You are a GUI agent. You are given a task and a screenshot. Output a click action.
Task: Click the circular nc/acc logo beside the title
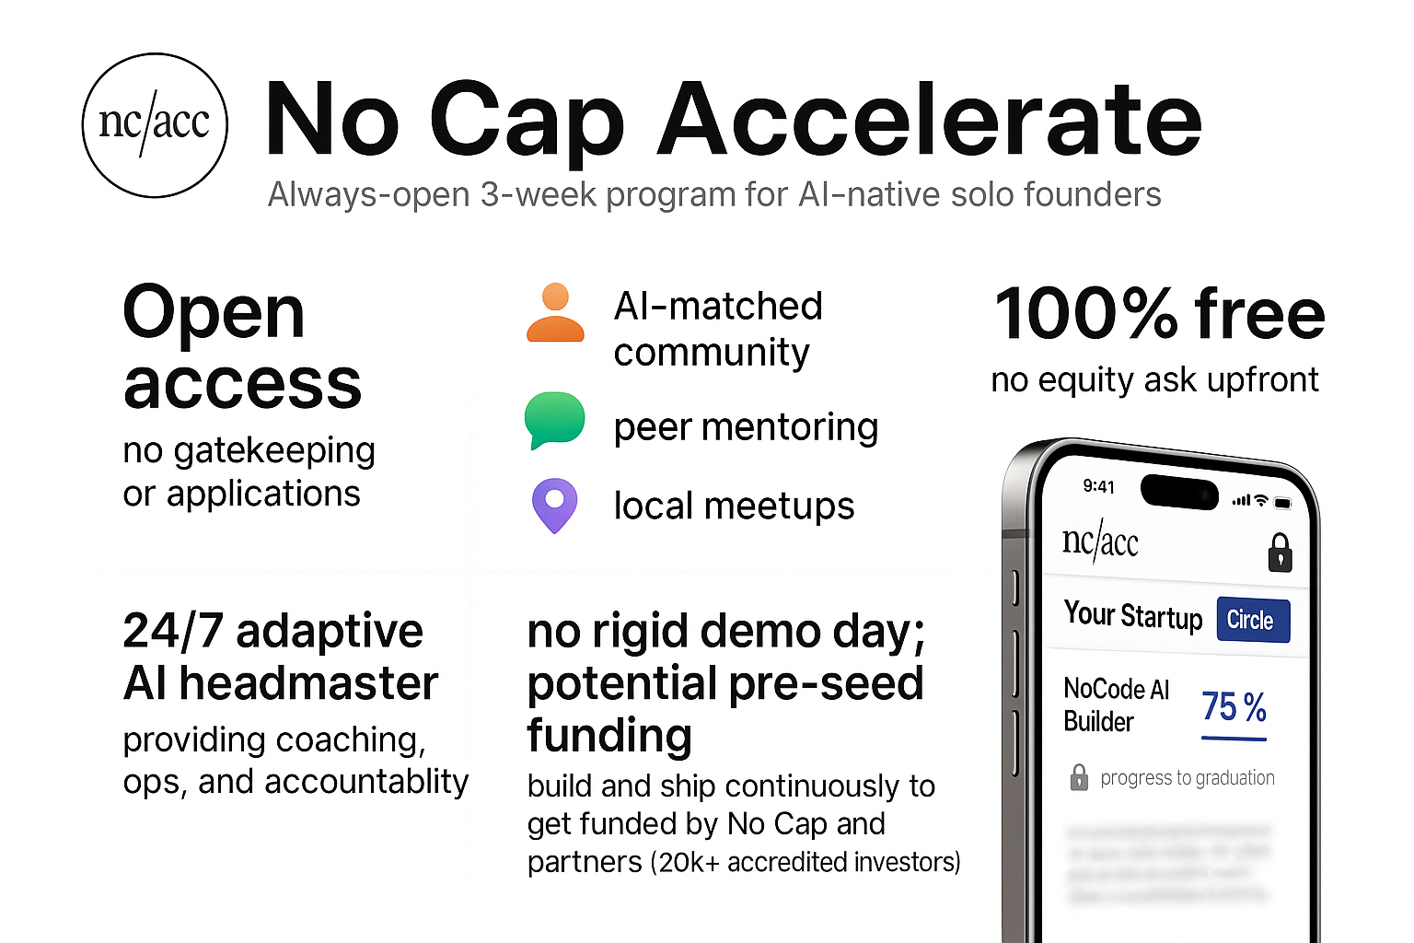(x=155, y=125)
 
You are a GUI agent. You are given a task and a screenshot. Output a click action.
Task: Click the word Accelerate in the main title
(x=929, y=120)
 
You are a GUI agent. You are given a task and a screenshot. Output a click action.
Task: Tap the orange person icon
(x=555, y=313)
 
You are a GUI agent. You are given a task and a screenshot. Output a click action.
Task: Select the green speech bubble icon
(x=554, y=420)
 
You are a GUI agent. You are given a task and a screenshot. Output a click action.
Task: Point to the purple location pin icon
(x=554, y=505)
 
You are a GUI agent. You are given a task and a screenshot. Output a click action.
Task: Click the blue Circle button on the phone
(x=1252, y=620)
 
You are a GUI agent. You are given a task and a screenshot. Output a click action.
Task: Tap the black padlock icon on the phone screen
(x=1280, y=553)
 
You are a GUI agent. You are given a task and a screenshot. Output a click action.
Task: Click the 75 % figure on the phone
(x=1234, y=707)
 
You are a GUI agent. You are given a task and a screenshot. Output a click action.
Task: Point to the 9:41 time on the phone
(x=1098, y=486)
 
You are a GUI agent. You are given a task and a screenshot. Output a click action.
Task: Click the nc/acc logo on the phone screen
(x=1100, y=542)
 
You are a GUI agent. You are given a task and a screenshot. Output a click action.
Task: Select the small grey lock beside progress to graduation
(x=1079, y=777)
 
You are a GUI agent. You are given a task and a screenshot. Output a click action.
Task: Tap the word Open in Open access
(x=214, y=313)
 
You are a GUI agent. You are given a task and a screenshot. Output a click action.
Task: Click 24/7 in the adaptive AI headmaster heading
(x=173, y=632)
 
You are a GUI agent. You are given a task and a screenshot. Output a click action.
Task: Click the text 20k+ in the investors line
(x=689, y=863)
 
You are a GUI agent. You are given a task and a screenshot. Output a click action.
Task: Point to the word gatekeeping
(x=274, y=451)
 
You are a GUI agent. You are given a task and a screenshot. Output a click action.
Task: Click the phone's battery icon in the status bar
(x=1282, y=503)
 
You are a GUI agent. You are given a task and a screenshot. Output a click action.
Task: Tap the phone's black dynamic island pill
(x=1179, y=491)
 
